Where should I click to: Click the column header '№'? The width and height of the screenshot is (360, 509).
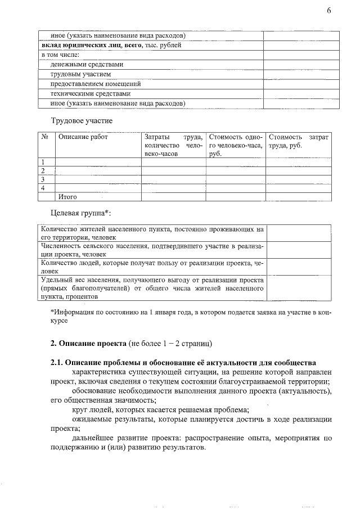tap(44, 137)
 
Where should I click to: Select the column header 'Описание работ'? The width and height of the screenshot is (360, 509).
tap(83, 137)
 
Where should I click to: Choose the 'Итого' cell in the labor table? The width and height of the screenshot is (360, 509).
tap(67, 197)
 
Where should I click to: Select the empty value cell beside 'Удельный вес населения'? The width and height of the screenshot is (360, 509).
tap(298, 287)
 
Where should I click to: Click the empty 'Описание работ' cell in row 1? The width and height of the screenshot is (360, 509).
tap(98, 162)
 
